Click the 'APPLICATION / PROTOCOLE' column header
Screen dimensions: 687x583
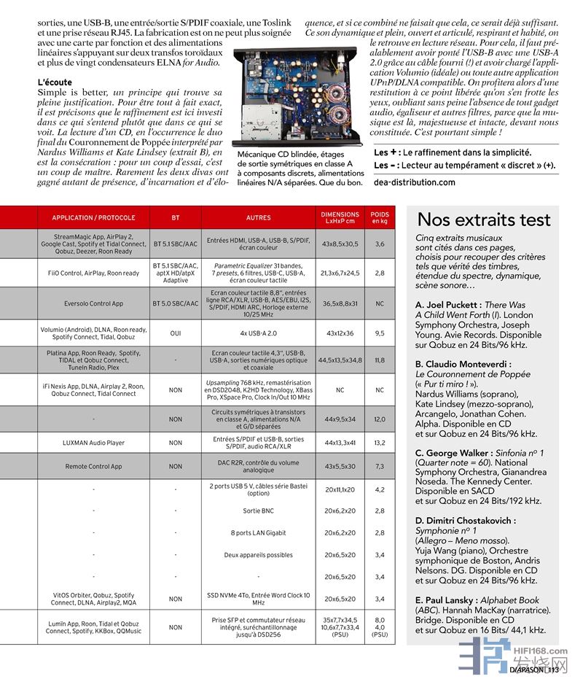(x=93, y=217)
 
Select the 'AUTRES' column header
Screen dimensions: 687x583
(x=258, y=217)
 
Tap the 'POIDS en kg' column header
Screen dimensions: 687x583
(x=380, y=217)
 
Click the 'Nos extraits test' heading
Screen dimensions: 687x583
(x=483, y=220)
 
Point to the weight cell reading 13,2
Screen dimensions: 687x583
(x=380, y=443)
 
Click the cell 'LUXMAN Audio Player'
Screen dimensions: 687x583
(x=93, y=443)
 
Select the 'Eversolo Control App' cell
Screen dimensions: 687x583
(x=93, y=303)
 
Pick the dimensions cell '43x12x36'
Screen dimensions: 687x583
(x=340, y=333)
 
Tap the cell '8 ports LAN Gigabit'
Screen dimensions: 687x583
(x=258, y=533)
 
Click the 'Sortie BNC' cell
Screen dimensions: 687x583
(x=258, y=511)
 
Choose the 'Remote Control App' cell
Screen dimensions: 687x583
(x=93, y=466)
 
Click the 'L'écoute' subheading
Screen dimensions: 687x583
(x=55, y=82)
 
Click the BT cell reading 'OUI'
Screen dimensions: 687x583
(x=175, y=333)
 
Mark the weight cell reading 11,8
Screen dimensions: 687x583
(x=380, y=360)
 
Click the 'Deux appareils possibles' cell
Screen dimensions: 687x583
(x=258, y=555)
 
